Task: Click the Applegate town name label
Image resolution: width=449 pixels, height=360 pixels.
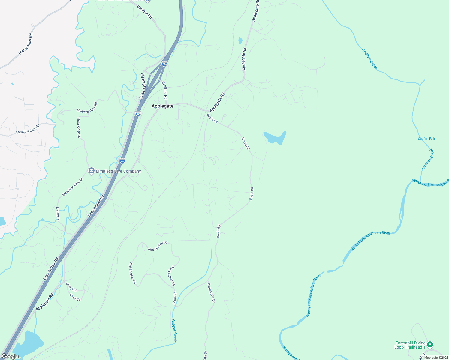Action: [162, 106]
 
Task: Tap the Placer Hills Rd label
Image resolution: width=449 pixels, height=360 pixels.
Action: [26, 44]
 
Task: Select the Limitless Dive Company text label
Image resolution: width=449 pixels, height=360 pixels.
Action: [118, 171]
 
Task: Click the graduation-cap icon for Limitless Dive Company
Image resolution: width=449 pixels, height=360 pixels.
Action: [92, 171]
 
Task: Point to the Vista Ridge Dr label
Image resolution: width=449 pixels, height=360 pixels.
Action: [79, 128]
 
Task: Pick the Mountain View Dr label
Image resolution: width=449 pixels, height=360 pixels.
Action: [72, 187]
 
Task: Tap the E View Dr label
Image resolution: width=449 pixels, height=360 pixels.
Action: [58, 214]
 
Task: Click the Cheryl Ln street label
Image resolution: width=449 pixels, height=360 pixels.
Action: [72, 287]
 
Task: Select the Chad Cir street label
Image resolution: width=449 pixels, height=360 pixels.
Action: [75, 297]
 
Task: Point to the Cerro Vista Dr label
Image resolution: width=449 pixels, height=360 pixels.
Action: [211, 292]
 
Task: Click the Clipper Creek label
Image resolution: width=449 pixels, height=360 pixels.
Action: [174, 331]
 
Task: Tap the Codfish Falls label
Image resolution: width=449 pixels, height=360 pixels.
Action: [427, 139]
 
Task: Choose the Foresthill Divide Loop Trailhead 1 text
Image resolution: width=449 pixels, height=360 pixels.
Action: [410, 345]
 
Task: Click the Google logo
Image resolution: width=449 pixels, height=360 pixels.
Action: [10, 356]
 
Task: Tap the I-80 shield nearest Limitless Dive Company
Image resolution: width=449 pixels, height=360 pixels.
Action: [122, 161]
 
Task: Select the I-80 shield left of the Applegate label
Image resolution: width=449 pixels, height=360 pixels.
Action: [138, 113]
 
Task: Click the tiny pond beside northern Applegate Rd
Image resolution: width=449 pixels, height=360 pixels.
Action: [240, 40]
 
